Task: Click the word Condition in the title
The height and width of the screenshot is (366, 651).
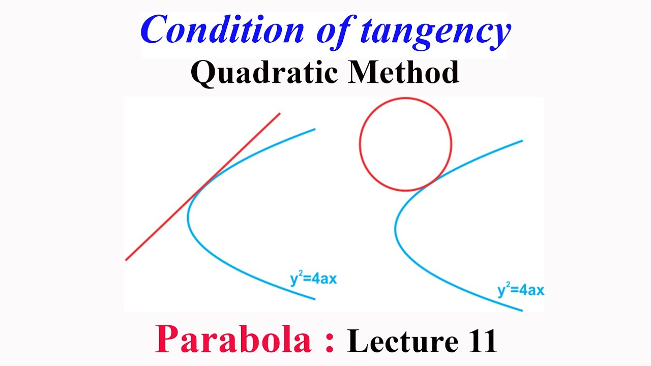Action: (222, 30)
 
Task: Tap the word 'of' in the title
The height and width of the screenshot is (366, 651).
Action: (331, 30)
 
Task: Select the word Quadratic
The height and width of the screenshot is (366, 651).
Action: (264, 73)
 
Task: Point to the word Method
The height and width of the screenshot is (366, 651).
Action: (404, 73)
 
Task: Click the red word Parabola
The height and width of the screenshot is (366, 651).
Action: (233, 339)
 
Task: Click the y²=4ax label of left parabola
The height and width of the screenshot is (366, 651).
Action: (313, 279)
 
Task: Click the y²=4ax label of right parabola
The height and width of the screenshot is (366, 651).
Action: (520, 290)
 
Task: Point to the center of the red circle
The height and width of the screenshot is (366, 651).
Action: (405, 144)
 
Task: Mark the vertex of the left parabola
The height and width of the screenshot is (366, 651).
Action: (188, 219)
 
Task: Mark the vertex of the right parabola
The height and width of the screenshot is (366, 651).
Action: (396, 229)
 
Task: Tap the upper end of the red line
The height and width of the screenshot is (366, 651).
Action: (279, 113)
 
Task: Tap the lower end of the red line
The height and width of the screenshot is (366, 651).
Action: (126, 260)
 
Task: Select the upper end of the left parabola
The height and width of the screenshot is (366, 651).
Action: (314, 129)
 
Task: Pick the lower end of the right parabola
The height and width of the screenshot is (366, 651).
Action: (522, 310)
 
